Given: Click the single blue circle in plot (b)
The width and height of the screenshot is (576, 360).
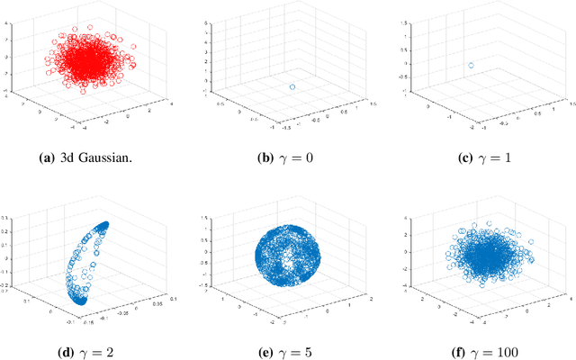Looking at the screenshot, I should pos(292,86).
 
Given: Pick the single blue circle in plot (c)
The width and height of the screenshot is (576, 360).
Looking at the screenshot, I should pos(470,65).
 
